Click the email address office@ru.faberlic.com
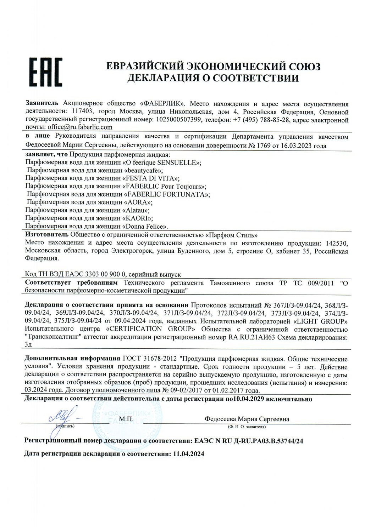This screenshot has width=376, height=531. coord(80,127)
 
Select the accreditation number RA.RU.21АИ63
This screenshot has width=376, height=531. coord(251,337)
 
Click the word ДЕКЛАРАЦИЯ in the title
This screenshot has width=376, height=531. coord(161,78)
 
